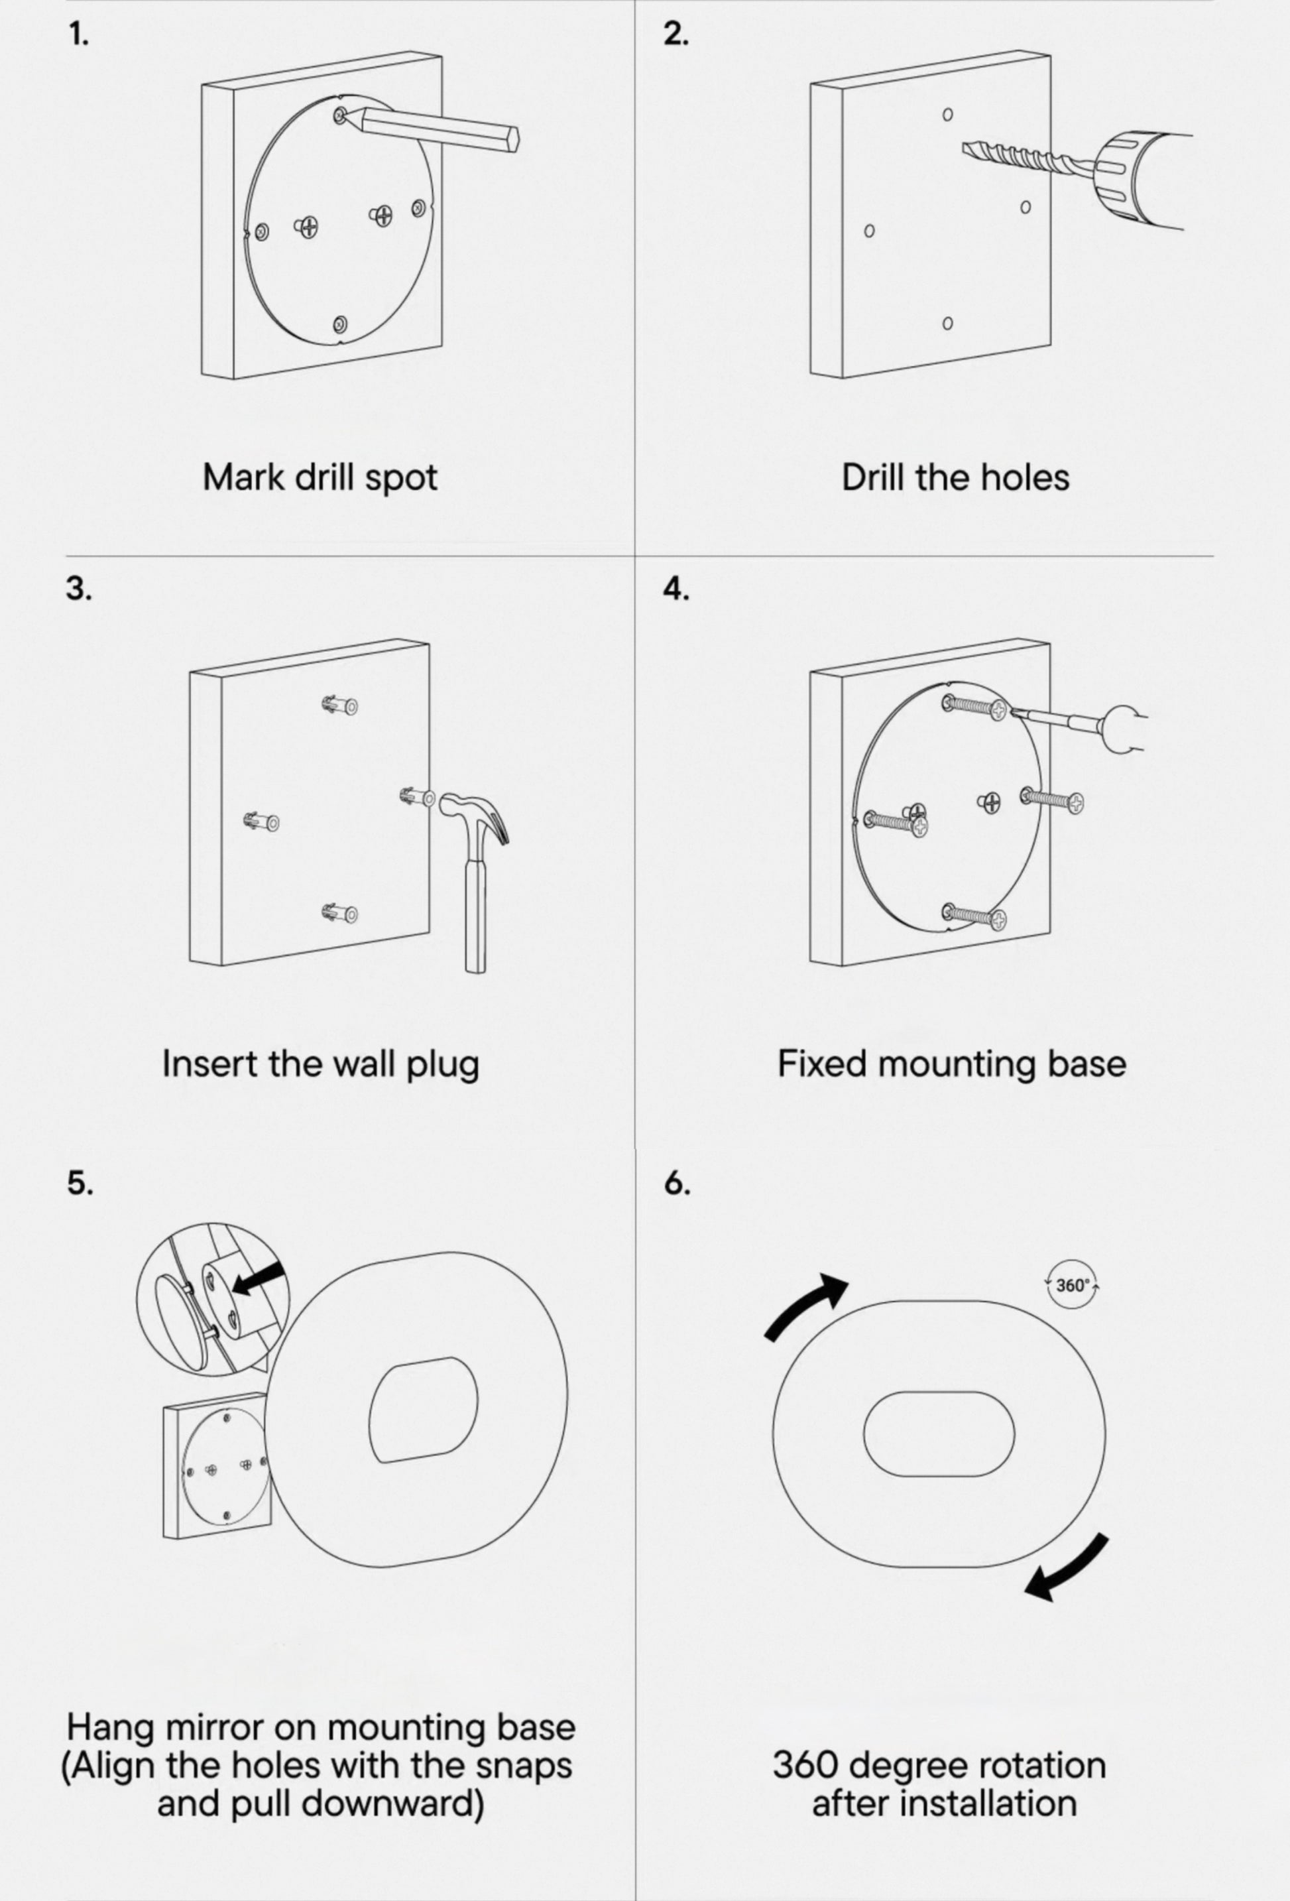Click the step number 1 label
click(78, 35)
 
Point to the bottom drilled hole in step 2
click(947, 323)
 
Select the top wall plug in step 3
click(339, 705)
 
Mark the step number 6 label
click(677, 1183)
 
